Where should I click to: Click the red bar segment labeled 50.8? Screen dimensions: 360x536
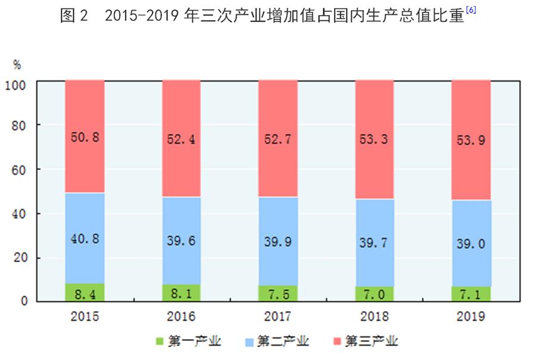(x=85, y=136)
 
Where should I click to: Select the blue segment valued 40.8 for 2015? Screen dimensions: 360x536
(x=85, y=238)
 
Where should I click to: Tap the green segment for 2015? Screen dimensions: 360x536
(x=85, y=292)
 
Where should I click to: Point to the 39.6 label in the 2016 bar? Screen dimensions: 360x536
(x=182, y=241)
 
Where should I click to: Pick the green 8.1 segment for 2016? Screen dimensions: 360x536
(x=182, y=293)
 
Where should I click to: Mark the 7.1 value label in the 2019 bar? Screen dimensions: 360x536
(x=471, y=294)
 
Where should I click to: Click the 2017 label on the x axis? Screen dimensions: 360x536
(x=278, y=316)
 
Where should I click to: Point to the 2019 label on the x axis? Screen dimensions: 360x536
(x=471, y=316)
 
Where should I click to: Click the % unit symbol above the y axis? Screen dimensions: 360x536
(x=17, y=63)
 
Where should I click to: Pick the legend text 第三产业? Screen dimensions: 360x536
(x=375, y=342)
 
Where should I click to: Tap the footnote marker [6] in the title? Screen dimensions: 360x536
(x=470, y=11)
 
